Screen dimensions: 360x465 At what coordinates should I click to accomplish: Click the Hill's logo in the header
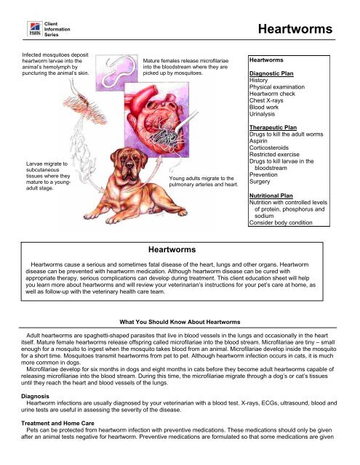[35, 29]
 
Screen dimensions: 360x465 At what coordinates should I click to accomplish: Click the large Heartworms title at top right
[295, 29]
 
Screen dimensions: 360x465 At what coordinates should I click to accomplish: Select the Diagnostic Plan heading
[271, 73]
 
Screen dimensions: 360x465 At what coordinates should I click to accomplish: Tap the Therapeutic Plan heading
[273, 128]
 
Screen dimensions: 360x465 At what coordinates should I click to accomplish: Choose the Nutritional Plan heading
[271, 195]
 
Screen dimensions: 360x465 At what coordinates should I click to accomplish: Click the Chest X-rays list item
[266, 100]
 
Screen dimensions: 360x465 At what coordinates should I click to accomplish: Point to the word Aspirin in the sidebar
[258, 141]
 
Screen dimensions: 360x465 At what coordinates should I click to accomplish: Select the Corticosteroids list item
[269, 147]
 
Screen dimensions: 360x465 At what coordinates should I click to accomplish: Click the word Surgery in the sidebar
[260, 182]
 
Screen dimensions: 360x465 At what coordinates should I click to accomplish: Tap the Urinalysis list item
[262, 114]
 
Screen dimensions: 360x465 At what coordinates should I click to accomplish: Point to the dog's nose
[129, 164]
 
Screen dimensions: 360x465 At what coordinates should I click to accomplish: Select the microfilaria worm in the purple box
[119, 72]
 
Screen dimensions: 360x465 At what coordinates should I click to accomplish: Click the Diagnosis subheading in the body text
[35, 396]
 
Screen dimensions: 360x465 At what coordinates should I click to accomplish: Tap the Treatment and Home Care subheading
[57, 423]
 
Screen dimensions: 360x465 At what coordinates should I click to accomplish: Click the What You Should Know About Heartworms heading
[180, 322]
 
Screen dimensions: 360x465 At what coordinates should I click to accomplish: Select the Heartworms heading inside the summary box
[172, 250]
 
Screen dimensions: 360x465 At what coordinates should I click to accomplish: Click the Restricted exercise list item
[274, 155]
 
